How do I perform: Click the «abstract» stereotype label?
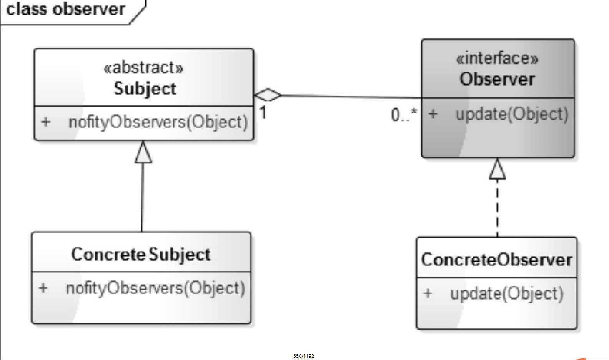coord(143,67)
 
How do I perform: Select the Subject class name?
coord(145,88)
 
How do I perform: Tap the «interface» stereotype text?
coord(497,58)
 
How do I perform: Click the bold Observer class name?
coord(497,79)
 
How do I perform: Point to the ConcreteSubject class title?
coord(141,255)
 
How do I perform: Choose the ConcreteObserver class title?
coord(497,260)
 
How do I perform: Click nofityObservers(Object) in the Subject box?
coord(158,122)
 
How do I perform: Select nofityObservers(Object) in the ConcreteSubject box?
coord(155,288)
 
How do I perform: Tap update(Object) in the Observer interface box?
coord(512,114)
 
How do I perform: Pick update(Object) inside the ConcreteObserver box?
coord(507,294)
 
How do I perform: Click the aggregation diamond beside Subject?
coord(268,95)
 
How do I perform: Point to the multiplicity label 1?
coord(263,112)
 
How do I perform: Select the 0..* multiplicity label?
coord(404,115)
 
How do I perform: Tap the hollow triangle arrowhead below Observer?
coord(497,169)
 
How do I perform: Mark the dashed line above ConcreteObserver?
coord(497,208)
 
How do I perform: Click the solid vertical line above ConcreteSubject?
coord(142,198)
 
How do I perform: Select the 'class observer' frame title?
coord(66,9)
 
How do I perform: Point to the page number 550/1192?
coord(304,356)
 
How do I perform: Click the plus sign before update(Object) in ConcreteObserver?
coord(428,294)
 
